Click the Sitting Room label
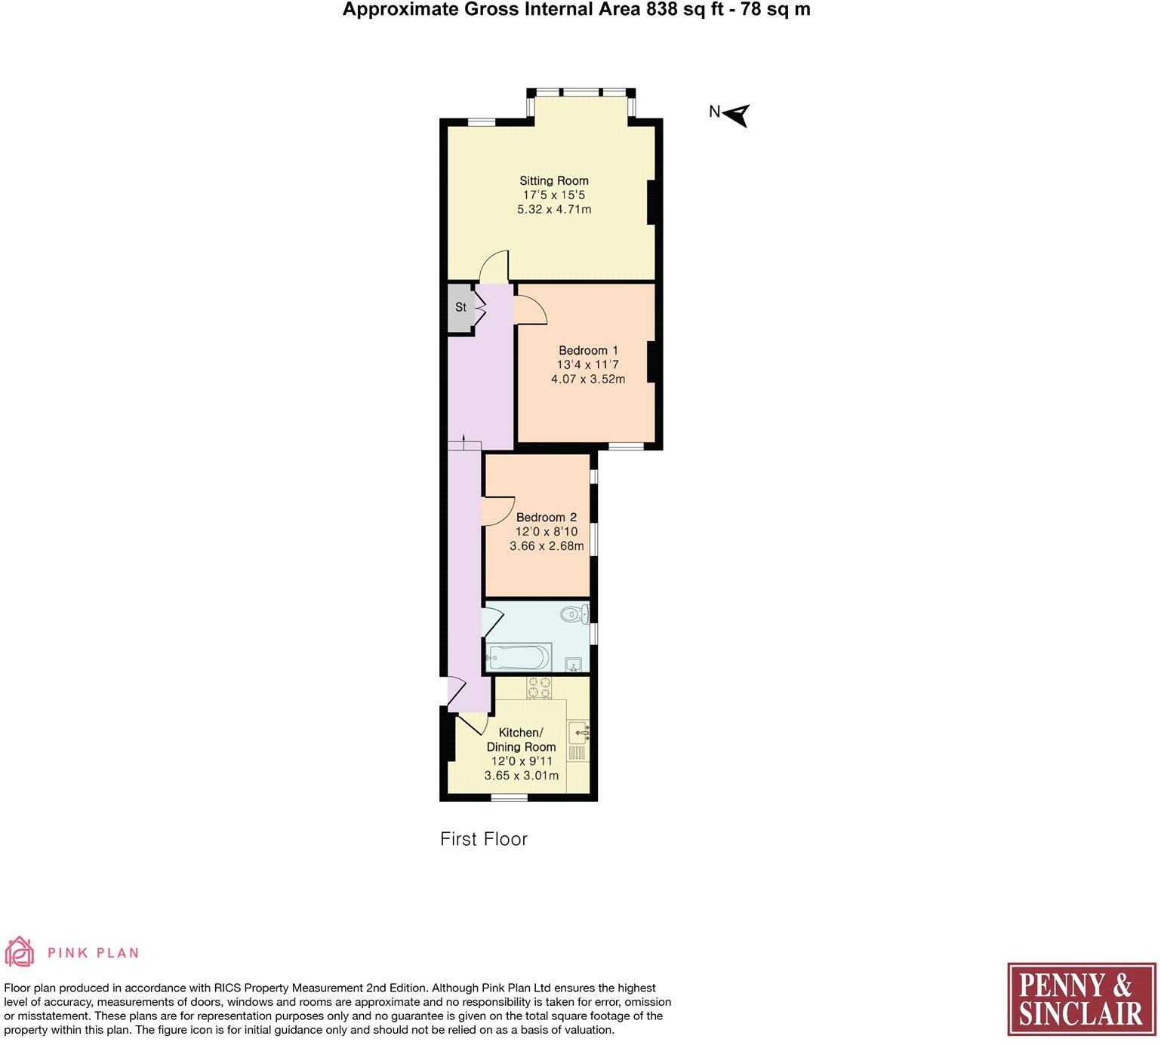pos(553,181)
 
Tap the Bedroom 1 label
pos(588,351)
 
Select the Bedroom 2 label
pos(546,518)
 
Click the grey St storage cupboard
pos(460,307)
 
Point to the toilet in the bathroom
pos(575,614)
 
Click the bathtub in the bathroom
pos(518,658)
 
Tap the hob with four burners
pos(539,687)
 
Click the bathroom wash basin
pos(574,665)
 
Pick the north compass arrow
pos(737,115)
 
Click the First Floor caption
pos(483,839)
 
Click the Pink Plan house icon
pos(20,952)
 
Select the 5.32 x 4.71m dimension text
pos(553,209)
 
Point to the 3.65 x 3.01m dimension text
pos(521,776)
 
